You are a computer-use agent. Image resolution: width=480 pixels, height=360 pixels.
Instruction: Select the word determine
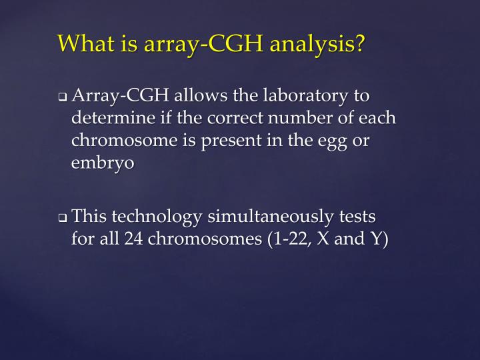pos(110,119)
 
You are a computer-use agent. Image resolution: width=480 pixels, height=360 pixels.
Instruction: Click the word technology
pos(157,217)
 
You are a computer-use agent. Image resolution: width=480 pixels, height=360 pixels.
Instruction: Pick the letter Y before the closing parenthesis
pos(376,239)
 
